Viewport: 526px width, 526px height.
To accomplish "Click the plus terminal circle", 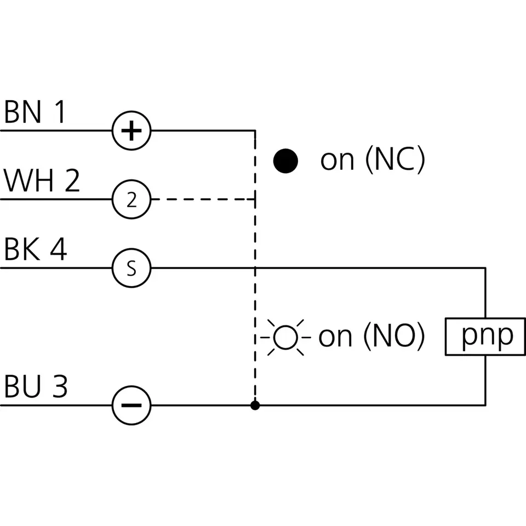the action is coord(131,130).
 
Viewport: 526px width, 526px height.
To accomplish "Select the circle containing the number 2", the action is coord(131,199).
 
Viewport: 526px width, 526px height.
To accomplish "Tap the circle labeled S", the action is coord(131,268).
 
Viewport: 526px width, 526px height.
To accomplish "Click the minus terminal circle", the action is coord(131,405).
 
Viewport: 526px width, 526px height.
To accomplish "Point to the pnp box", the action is coord(485,336).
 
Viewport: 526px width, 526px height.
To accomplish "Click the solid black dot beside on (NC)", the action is coord(285,161).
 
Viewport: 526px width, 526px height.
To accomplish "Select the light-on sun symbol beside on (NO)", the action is coord(285,337).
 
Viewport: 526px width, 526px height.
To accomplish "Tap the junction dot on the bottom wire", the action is coord(255,405).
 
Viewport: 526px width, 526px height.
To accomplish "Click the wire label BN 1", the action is coord(35,112).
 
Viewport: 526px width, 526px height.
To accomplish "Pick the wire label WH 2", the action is coord(42,180).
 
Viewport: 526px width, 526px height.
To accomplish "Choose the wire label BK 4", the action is coord(36,249).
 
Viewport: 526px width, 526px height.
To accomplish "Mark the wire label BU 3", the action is coord(36,386).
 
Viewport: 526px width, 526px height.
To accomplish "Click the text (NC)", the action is coord(396,159).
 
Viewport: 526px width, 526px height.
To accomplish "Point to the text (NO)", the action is coord(395,336).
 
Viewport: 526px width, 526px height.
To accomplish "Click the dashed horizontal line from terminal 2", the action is coord(203,199).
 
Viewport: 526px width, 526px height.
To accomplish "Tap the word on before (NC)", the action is coord(337,161).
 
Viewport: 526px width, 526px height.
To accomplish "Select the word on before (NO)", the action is coord(335,337).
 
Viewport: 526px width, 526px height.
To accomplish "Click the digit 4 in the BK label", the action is coord(59,249).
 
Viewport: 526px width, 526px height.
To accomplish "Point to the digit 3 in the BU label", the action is coord(60,386).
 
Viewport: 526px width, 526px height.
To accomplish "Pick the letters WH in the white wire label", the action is coord(28,180).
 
